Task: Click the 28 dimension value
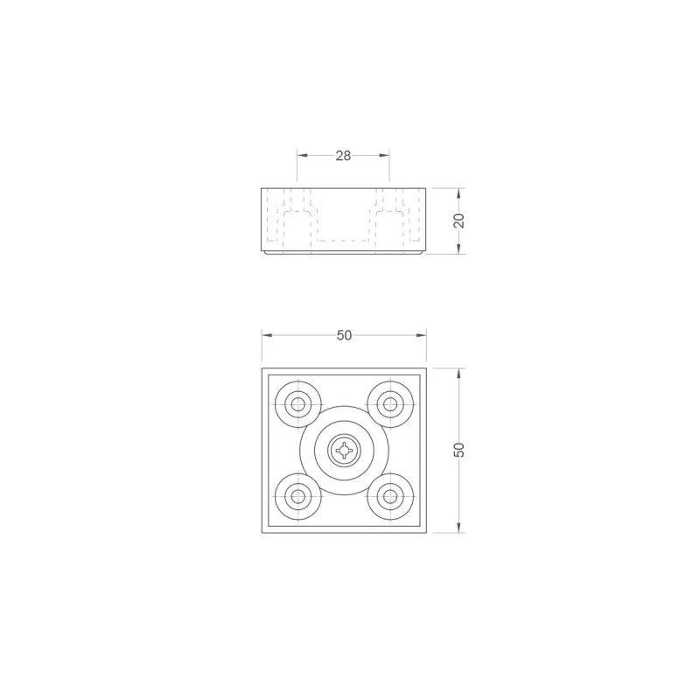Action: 343,156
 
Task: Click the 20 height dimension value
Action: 458,220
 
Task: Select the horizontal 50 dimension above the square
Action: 344,335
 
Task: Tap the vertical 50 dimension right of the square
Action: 458,450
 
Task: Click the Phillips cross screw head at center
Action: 344,451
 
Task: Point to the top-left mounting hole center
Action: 297,404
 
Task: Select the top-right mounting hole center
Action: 390,404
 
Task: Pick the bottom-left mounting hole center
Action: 297,496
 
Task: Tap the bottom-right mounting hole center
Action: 390,496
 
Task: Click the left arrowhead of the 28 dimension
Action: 303,156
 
